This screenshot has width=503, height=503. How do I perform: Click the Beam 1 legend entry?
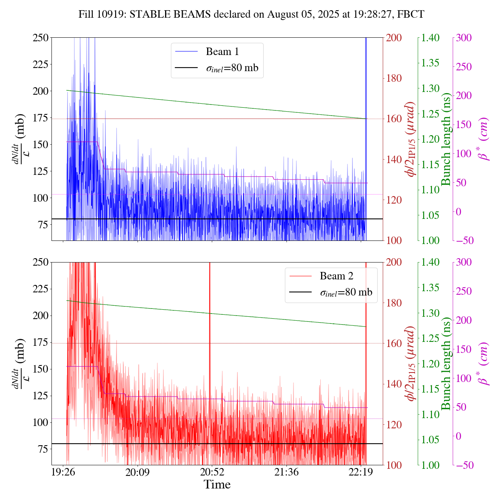(x=222, y=51)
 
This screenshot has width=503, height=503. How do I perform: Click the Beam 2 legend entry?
(x=336, y=276)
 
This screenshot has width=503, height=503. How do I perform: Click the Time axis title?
(x=217, y=485)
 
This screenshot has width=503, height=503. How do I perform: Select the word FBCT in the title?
(x=411, y=15)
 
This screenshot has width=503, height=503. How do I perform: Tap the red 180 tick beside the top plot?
(x=394, y=78)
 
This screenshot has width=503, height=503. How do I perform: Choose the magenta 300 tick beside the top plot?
(x=464, y=38)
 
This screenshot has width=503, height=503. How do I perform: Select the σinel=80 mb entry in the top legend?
(x=232, y=68)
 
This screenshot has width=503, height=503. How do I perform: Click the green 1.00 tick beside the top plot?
(x=431, y=240)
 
